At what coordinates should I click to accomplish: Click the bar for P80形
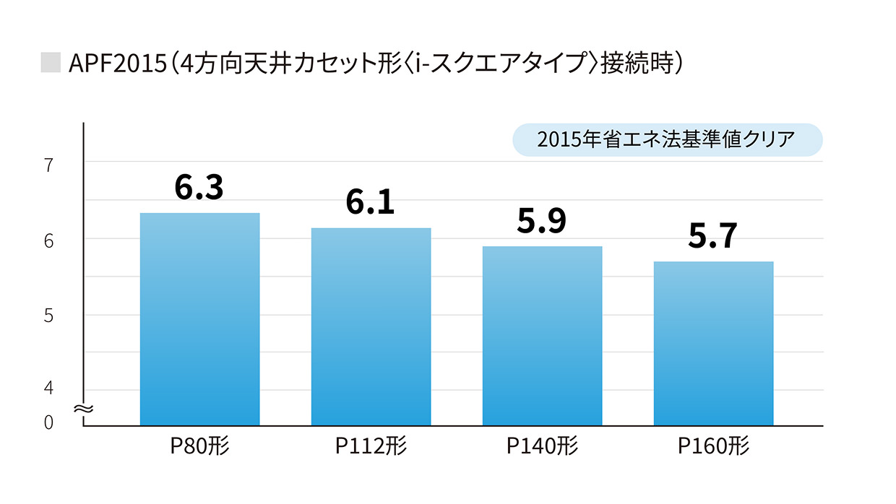click(x=199, y=319)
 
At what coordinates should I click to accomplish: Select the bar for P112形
click(x=371, y=326)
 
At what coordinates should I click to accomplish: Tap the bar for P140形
click(x=542, y=336)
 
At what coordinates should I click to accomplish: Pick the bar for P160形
click(x=713, y=343)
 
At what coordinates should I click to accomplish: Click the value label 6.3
click(x=199, y=187)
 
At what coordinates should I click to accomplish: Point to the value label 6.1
click(x=370, y=203)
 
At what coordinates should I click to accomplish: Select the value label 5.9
click(x=541, y=221)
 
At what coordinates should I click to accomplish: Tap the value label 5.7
click(x=712, y=236)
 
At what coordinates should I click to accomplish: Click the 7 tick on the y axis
click(x=49, y=165)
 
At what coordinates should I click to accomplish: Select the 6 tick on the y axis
click(x=49, y=241)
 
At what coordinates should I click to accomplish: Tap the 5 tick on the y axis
click(x=49, y=316)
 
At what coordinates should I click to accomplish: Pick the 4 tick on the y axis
click(x=49, y=388)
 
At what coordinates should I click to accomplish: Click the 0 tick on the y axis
click(x=49, y=422)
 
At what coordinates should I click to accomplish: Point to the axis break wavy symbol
click(x=84, y=409)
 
